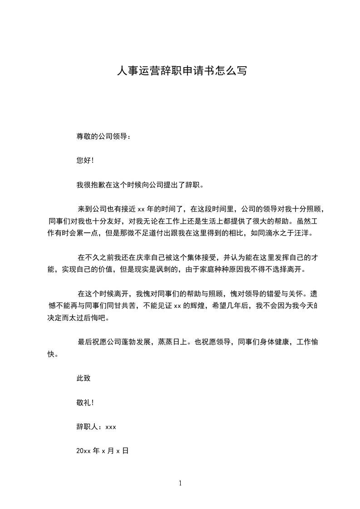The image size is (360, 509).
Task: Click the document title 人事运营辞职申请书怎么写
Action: (x=182, y=71)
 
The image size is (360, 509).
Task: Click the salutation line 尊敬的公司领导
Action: (x=104, y=136)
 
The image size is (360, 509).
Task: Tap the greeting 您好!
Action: (x=85, y=160)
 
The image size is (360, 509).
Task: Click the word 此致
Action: (x=84, y=378)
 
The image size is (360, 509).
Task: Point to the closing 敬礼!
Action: (x=85, y=402)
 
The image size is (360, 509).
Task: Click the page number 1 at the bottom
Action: (x=180, y=484)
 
